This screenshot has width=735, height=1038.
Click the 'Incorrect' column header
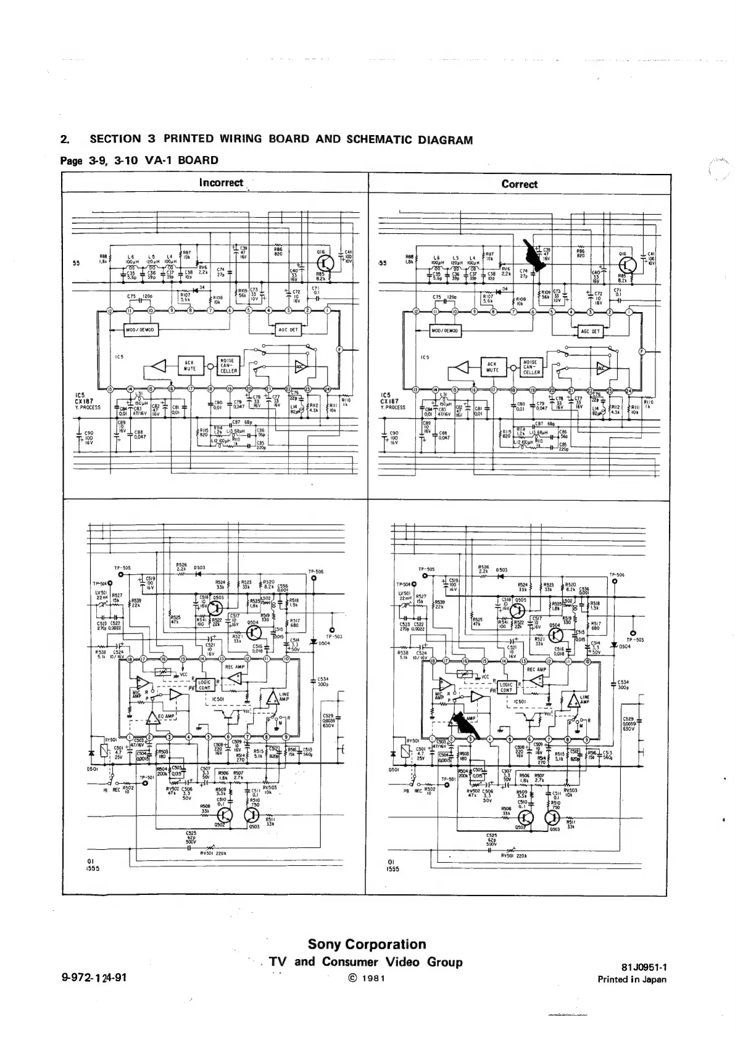[x=221, y=183]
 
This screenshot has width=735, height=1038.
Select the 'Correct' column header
[x=519, y=184]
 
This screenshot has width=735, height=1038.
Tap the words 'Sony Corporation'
[x=367, y=944]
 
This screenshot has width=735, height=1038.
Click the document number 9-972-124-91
[x=94, y=978]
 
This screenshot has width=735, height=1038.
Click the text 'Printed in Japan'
[x=631, y=979]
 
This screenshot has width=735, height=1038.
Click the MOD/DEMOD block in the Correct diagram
[x=446, y=331]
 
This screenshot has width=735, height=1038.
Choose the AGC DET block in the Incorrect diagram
[x=288, y=330]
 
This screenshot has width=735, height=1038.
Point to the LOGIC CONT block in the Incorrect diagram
[x=205, y=685]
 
